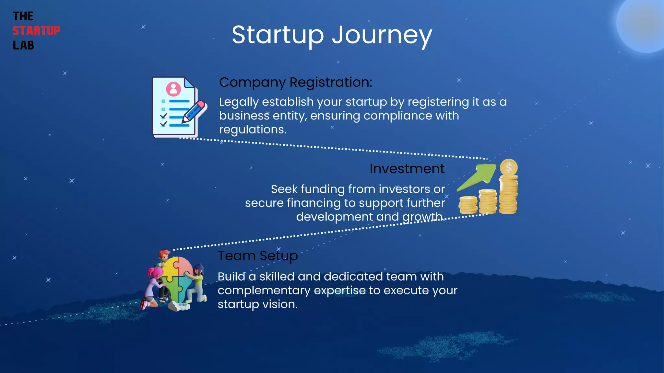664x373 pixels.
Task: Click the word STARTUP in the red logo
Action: click(36, 31)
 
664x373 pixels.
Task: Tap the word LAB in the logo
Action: click(23, 45)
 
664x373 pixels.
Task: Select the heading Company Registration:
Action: click(295, 82)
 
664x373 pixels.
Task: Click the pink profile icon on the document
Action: click(173, 88)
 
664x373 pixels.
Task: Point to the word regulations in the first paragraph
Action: click(252, 130)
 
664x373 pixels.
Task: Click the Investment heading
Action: click(407, 169)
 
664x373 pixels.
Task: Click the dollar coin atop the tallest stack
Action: click(509, 168)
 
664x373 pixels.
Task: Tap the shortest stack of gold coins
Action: click(468, 205)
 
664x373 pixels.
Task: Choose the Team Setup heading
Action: click(257, 256)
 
